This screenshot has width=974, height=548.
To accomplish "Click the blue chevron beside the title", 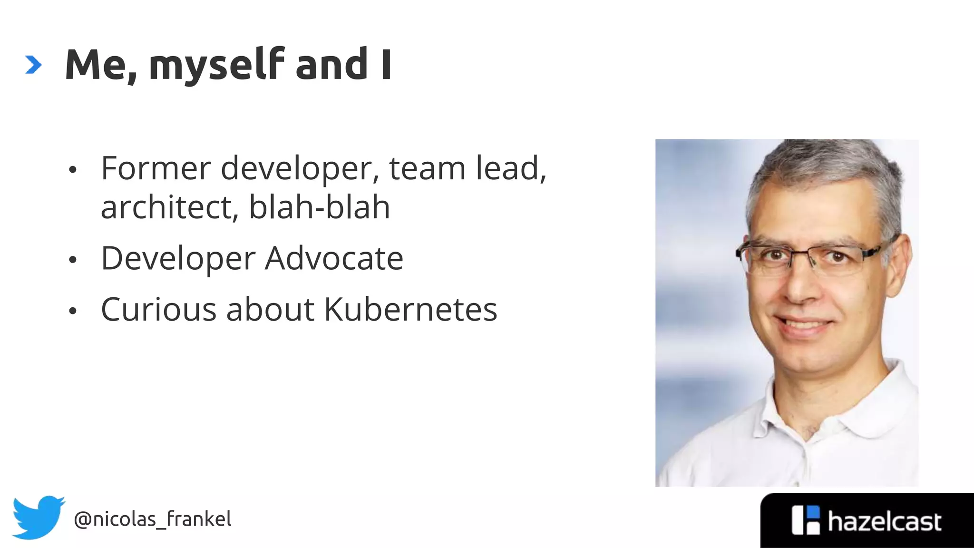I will coord(33,65).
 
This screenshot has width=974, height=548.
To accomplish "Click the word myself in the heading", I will coord(216,66).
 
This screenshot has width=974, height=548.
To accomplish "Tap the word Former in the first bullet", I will coord(156,168).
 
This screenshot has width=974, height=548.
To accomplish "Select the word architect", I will coord(166,207).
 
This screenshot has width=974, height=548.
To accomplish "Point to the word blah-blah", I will coord(319,207).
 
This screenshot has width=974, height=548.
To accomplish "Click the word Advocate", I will coord(334,259).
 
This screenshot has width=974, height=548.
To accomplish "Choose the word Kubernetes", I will coord(410,310).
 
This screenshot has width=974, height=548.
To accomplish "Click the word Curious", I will coord(158,310).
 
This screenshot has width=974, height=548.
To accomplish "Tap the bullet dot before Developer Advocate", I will coord(72,260).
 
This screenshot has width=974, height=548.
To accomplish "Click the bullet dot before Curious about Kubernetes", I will coord(72,311).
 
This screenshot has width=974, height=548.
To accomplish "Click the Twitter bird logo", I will coord(38,518).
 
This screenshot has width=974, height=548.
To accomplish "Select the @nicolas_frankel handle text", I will coord(152,519).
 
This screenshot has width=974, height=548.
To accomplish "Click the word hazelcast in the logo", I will coord(884,522).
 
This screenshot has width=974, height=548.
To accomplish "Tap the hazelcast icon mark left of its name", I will coord(806,520).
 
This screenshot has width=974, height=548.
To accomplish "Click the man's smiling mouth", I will coord(804,327).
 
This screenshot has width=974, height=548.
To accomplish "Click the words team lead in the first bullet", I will coord(467,168).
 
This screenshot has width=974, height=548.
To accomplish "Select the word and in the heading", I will coord(331,65).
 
